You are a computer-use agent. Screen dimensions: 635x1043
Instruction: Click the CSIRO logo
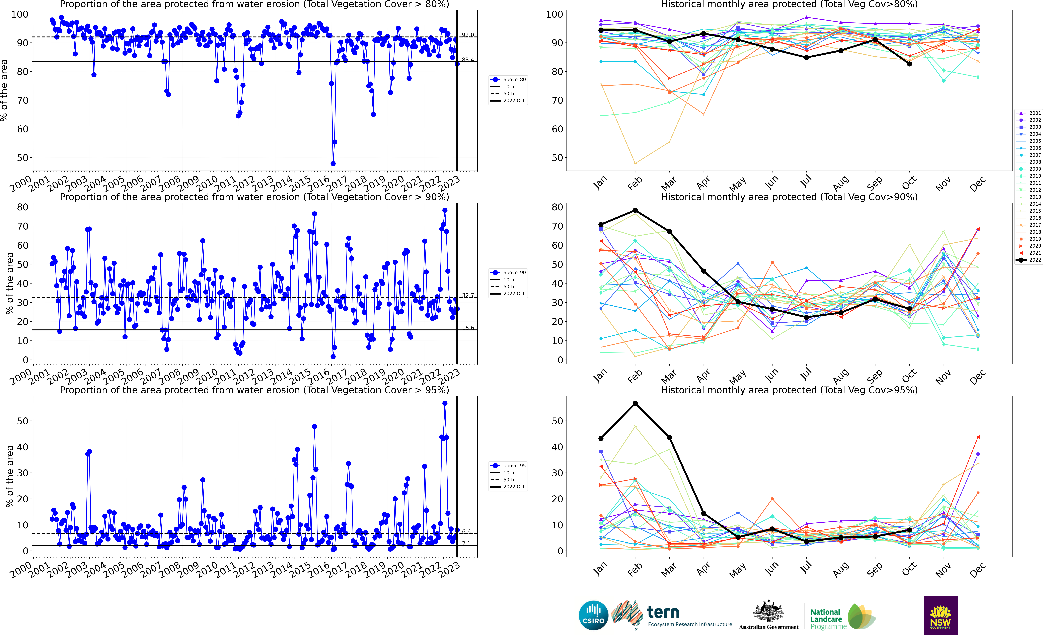click(x=593, y=615)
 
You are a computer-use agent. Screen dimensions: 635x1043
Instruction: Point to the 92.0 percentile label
click(x=468, y=35)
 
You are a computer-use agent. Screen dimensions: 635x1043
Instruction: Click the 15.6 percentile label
click(x=468, y=328)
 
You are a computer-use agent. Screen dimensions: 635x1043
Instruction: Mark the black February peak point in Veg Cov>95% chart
click(x=635, y=403)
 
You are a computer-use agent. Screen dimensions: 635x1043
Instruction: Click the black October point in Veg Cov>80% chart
click(x=909, y=64)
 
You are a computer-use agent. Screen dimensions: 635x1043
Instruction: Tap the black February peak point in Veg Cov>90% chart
click(x=635, y=210)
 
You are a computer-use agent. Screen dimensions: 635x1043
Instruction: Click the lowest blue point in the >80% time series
click(x=333, y=163)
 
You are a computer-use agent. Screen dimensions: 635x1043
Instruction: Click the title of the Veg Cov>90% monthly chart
click(x=789, y=197)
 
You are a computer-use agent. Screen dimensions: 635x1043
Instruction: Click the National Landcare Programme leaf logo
click(x=861, y=616)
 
